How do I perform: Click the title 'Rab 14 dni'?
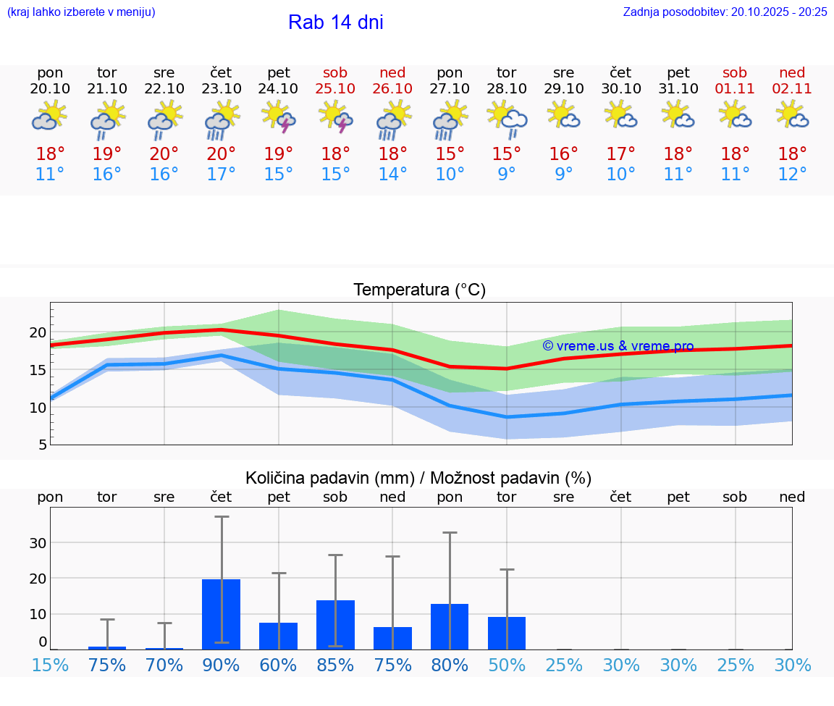tap(335, 22)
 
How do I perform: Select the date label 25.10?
tap(335, 88)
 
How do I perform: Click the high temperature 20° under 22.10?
tap(164, 154)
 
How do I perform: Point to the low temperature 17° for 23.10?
tap(222, 175)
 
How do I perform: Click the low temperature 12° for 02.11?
tap(792, 175)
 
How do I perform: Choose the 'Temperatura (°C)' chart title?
tap(419, 290)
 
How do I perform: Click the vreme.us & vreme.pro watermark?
tap(618, 346)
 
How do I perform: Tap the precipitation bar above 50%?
tap(507, 633)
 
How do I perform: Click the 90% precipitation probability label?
tap(221, 665)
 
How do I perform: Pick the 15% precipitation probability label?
tap(51, 665)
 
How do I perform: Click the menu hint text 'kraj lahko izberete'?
tap(81, 12)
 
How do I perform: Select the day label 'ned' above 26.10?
tap(392, 72)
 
